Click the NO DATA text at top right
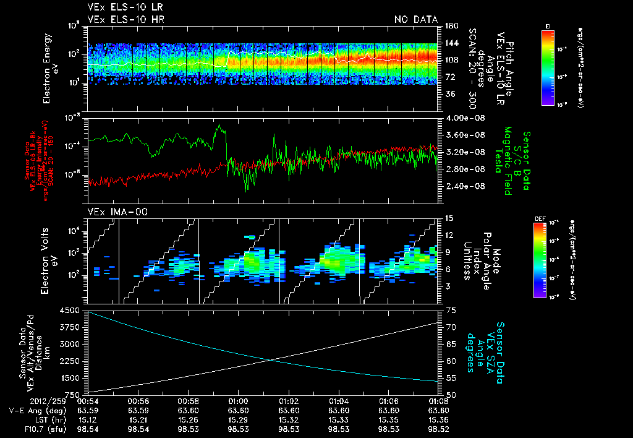pos(415,20)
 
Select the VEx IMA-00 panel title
pos(110,212)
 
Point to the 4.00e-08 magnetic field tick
pos(460,118)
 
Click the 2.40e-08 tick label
pos(460,186)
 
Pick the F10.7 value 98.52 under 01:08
pos(438,427)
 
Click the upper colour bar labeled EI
pos(548,66)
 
